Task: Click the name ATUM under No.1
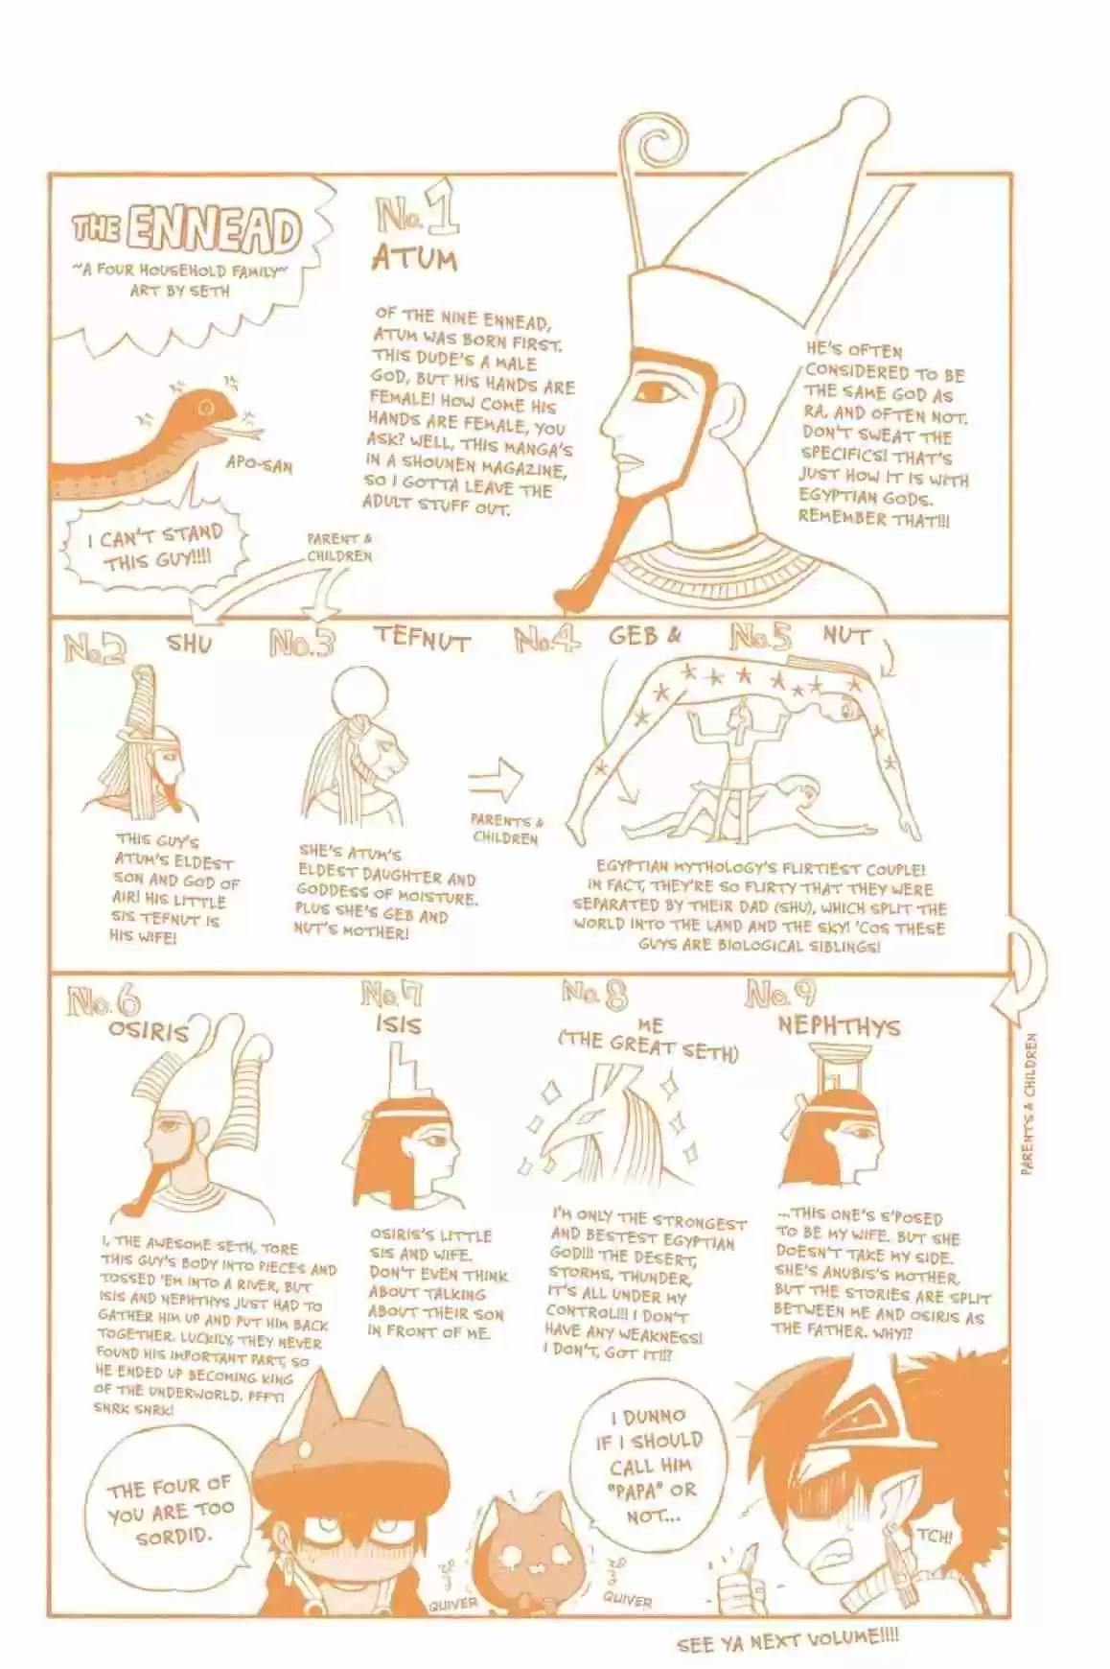pyautogui.click(x=414, y=260)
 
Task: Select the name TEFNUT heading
pyautogui.click(x=423, y=638)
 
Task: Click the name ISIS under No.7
pyautogui.click(x=398, y=1025)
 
